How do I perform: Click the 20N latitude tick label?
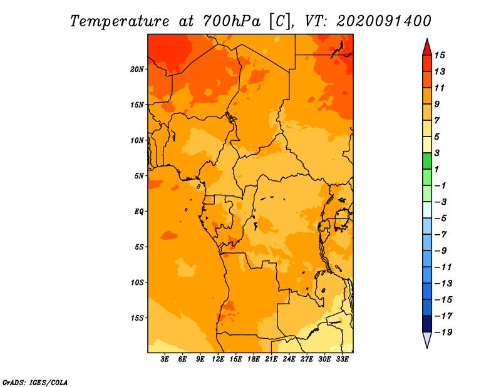click(137, 70)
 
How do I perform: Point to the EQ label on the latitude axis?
click(138, 212)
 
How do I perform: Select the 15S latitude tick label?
click(137, 318)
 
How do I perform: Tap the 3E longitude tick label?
click(165, 359)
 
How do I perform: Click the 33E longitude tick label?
click(342, 359)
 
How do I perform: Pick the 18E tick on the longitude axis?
click(254, 359)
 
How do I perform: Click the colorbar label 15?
click(440, 55)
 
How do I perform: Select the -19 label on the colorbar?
click(443, 333)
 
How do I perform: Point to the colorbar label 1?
click(436, 169)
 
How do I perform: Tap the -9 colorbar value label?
click(441, 251)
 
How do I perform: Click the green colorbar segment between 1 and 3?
click(427, 161)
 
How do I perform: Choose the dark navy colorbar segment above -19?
click(427, 324)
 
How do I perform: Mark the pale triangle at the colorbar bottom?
click(427, 339)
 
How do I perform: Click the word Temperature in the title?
click(120, 21)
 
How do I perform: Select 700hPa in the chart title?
click(232, 21)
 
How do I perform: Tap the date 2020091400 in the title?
click(384, 21)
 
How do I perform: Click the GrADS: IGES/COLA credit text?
click(35, 383)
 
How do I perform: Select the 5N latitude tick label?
click(139, 176)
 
